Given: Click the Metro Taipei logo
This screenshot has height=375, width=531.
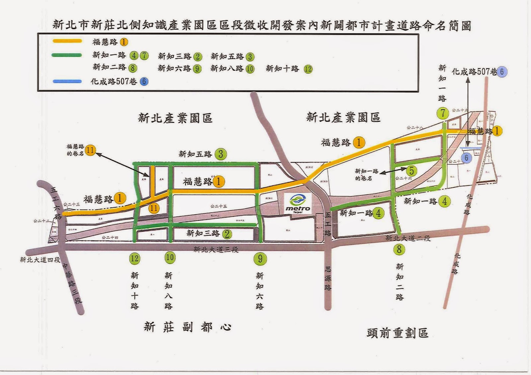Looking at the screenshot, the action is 298,203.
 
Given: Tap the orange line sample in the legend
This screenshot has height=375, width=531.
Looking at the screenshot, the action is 67,41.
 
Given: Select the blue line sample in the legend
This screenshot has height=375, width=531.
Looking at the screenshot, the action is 67,81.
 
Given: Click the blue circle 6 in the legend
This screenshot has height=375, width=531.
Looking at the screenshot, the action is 144,82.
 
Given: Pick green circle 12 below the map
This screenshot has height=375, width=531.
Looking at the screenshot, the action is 134,258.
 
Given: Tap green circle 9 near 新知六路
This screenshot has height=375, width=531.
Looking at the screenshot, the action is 260,258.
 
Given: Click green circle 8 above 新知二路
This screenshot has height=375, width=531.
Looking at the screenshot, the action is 399,249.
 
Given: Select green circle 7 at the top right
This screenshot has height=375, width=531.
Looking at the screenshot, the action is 443,113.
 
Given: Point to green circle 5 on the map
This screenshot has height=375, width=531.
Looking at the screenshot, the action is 412,171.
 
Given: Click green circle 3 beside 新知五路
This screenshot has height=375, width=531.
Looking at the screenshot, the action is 221,154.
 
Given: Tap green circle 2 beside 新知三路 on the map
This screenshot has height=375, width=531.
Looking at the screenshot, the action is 227,234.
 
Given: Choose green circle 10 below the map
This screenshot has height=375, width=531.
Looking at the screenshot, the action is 170,257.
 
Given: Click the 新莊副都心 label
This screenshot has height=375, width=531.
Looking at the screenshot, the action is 188,327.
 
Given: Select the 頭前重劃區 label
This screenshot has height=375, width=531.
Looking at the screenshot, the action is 397,333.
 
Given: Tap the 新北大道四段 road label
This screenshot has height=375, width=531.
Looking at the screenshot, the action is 40,260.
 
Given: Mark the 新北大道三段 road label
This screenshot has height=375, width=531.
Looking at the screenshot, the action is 216,249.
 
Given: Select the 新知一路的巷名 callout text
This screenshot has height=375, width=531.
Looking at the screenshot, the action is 366,174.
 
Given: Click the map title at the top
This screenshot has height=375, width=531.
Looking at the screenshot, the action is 262,25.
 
